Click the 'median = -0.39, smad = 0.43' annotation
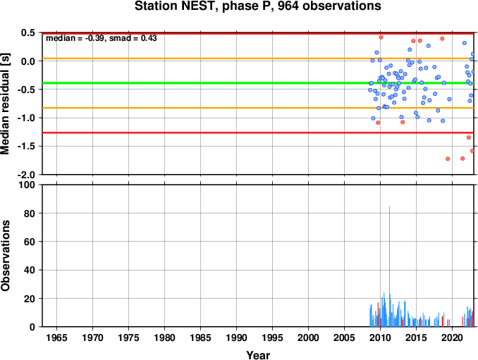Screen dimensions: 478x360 coord(102,38)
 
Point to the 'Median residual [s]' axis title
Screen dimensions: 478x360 coord(5,104)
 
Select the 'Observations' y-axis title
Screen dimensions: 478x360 coord(5,256)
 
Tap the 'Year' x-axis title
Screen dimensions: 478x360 coord(258,355)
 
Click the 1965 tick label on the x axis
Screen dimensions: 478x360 coord(56,337)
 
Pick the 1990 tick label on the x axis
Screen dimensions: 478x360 coord(237,337)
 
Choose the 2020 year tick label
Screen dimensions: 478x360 coord(453,337)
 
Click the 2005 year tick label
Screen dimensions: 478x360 coord(345,337)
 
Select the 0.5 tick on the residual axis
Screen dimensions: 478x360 coord(28,32)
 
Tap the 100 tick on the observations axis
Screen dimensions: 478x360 coord(27,185)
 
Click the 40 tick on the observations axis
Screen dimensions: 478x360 coord(30,270)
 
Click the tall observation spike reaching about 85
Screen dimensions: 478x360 coord(389,266)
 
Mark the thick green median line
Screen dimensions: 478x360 coord(258,83)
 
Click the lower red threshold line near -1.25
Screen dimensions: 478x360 coord(258,132)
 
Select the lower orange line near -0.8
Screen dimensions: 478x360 coord(258,108)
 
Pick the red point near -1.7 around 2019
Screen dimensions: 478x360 coord(448,159)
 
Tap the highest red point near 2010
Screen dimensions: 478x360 coord(381,37)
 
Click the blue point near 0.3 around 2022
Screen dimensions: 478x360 coord(465,43)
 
